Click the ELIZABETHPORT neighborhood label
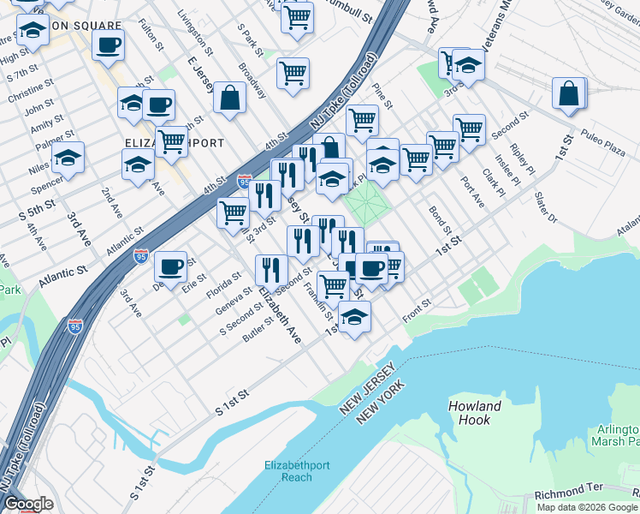pyautogui.click(x=175, y=143)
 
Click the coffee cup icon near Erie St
pyautogui.click(x=171, y=266)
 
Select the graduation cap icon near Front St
pyautogui.click(x=354, y=317)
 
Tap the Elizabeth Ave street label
pyautogui.click(x=281, y=317)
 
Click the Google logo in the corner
pyautogui.click(x=28, y=505)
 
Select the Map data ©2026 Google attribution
pyautogui.click(x=587, y=507)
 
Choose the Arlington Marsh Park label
pyautogui.click(x=613, y=435)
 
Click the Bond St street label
pyautogui.click(x=440, y=220)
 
